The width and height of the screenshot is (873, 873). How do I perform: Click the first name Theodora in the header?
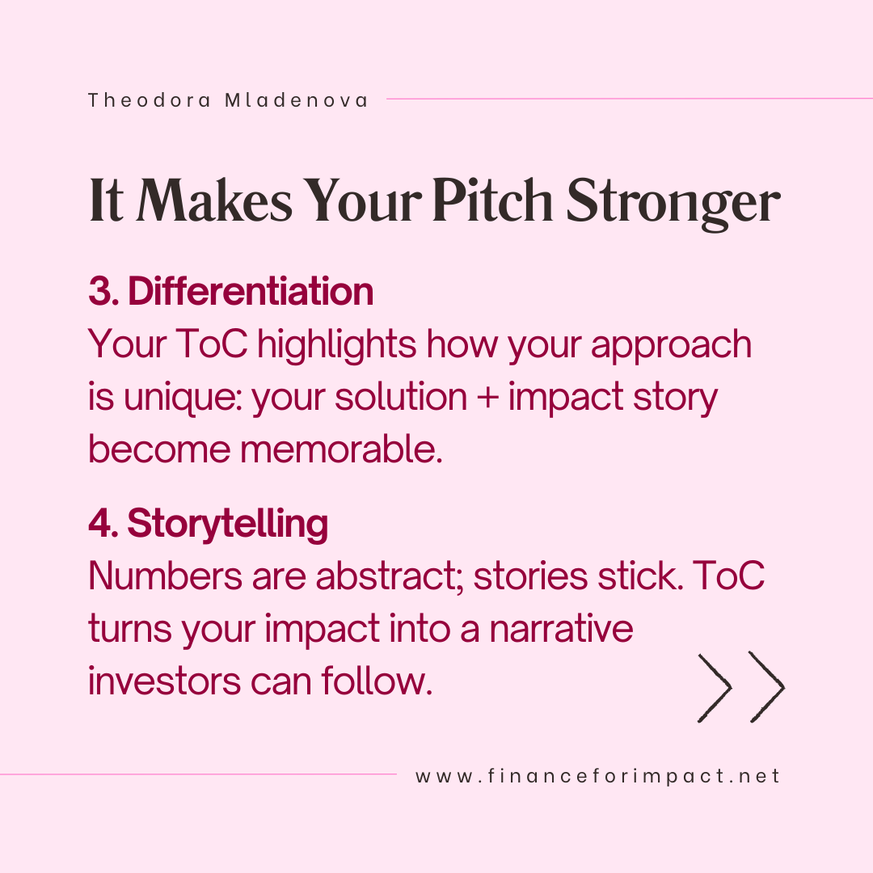150,100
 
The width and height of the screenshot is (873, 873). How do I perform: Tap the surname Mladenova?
296,100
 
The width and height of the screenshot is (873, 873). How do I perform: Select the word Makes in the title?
214,200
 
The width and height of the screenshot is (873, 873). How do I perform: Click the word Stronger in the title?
673,204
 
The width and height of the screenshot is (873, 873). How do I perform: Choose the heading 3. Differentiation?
230,291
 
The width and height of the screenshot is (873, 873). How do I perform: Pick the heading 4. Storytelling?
209,524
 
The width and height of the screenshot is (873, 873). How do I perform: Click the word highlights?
336,345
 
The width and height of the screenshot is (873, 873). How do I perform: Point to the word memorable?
341,449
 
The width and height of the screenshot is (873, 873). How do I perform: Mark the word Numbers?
166,576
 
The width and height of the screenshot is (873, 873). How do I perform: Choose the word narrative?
561,629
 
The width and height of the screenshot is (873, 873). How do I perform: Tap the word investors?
164,681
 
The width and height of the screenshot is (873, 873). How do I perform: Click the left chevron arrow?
715,688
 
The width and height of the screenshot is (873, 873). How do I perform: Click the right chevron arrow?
767,687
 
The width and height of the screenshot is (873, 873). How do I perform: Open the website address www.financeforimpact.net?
597,776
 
